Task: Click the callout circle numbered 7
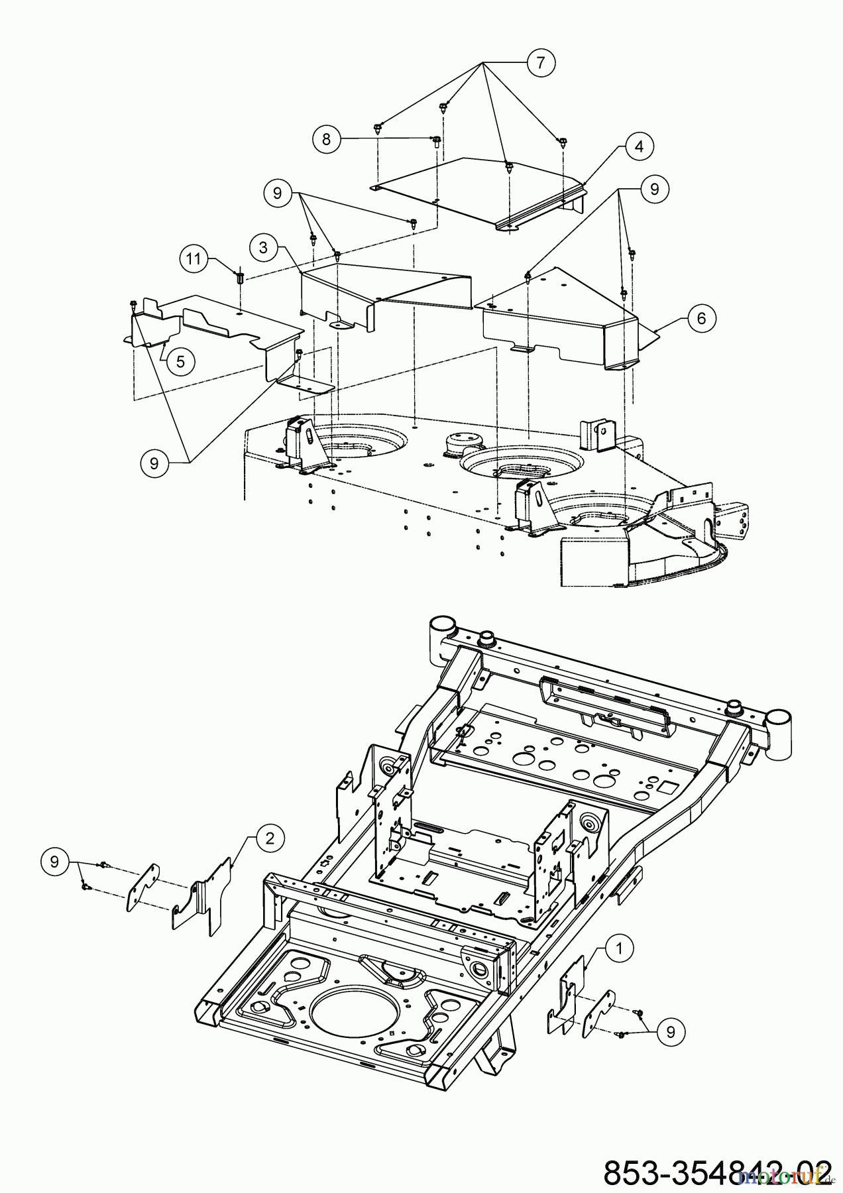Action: click(x=540, y=63)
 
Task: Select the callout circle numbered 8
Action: click(x=326, y=140)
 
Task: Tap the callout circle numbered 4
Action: click(x=639, y=146)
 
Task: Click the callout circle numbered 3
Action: click(x=264, y=247)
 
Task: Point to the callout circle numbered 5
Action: click(x=180, y=361)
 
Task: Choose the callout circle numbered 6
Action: click(x=701, y=318)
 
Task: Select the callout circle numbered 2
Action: click(x=270, y=838)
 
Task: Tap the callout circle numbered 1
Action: click(x=619, y=949)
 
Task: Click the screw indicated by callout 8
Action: click(x=436, y=141)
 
